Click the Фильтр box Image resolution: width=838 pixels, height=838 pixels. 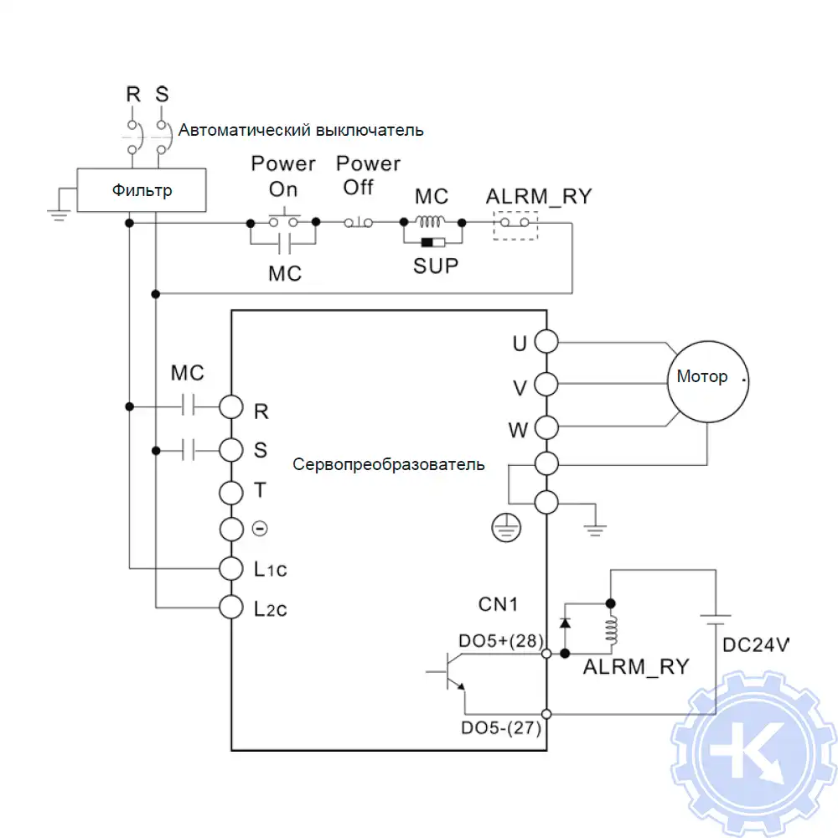(x=142, y=190)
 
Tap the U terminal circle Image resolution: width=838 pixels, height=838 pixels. (x=546, y=343)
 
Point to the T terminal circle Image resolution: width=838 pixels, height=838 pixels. (x=230, y=490)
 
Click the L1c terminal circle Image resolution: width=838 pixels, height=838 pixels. (x=230, y=567)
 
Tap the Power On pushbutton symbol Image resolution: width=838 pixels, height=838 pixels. (x=283, y=221)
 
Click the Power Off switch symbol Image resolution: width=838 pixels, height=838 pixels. (x=360, y=222)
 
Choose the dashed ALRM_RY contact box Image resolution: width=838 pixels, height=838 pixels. (x=514, y=225)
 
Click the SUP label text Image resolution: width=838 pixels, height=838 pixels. (x=436, y=266)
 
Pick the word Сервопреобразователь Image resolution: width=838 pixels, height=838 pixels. (x=389, y=464)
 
